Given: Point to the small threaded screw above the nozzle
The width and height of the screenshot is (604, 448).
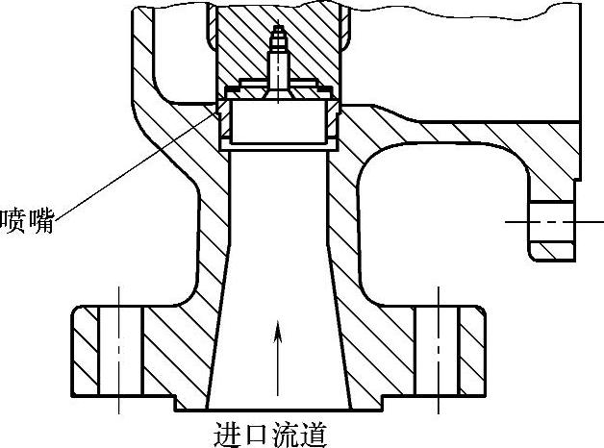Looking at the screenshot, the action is point(277,58).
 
